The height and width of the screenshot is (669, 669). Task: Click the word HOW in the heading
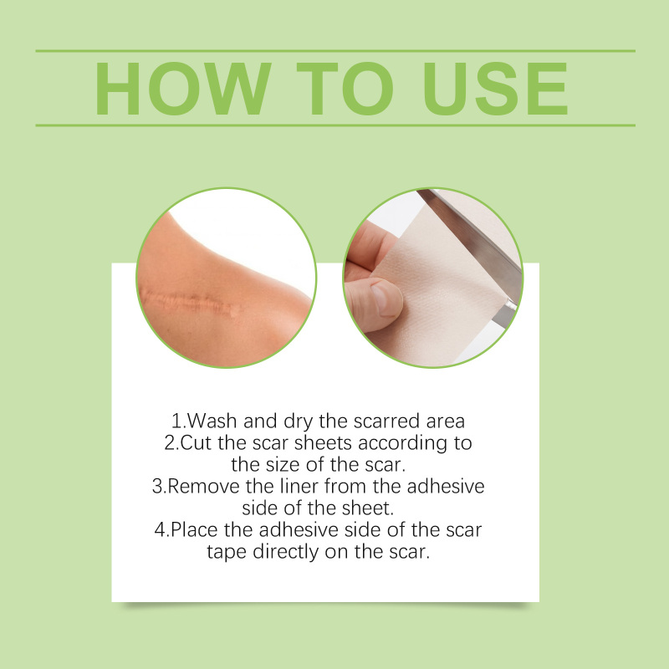[x=183, y=89]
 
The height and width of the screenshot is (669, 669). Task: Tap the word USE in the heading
[x=495, y=89]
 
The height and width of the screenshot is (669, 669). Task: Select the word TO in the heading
[x=345, y=89]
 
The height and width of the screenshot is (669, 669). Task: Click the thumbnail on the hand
[x=384, y=299]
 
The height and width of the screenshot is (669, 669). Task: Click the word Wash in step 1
[x=212, y=421]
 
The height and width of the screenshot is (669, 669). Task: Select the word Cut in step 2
[x=196, y=443]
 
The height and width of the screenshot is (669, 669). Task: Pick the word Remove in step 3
[x=203, y=487]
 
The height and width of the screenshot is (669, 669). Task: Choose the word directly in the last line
[x=286, y=553]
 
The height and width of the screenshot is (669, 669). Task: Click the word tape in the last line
[x=227, y=553]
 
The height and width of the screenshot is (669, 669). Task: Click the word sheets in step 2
[x=323, y=443]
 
